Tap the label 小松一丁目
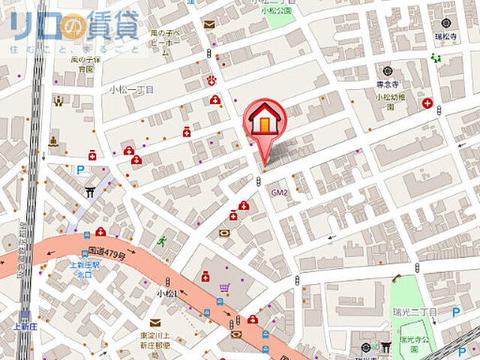click(x=131, y=89)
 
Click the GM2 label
click(x=280, y=192)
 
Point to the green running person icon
click(x=162, y=241)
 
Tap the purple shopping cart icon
click(x=224, y=287)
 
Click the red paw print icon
click(x=211, y=80)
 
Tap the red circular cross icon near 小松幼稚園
click(x=427, y=103)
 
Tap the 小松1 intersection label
click(x=166, y=293)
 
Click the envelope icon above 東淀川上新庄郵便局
click(x=154, y=322)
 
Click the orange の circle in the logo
click(x=75, y=28)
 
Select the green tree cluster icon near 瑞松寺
click(x=435, y=58)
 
